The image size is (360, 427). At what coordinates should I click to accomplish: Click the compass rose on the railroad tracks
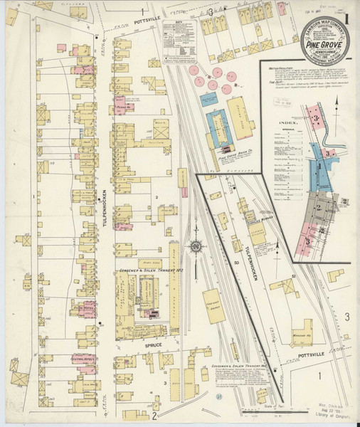point(195,247)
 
